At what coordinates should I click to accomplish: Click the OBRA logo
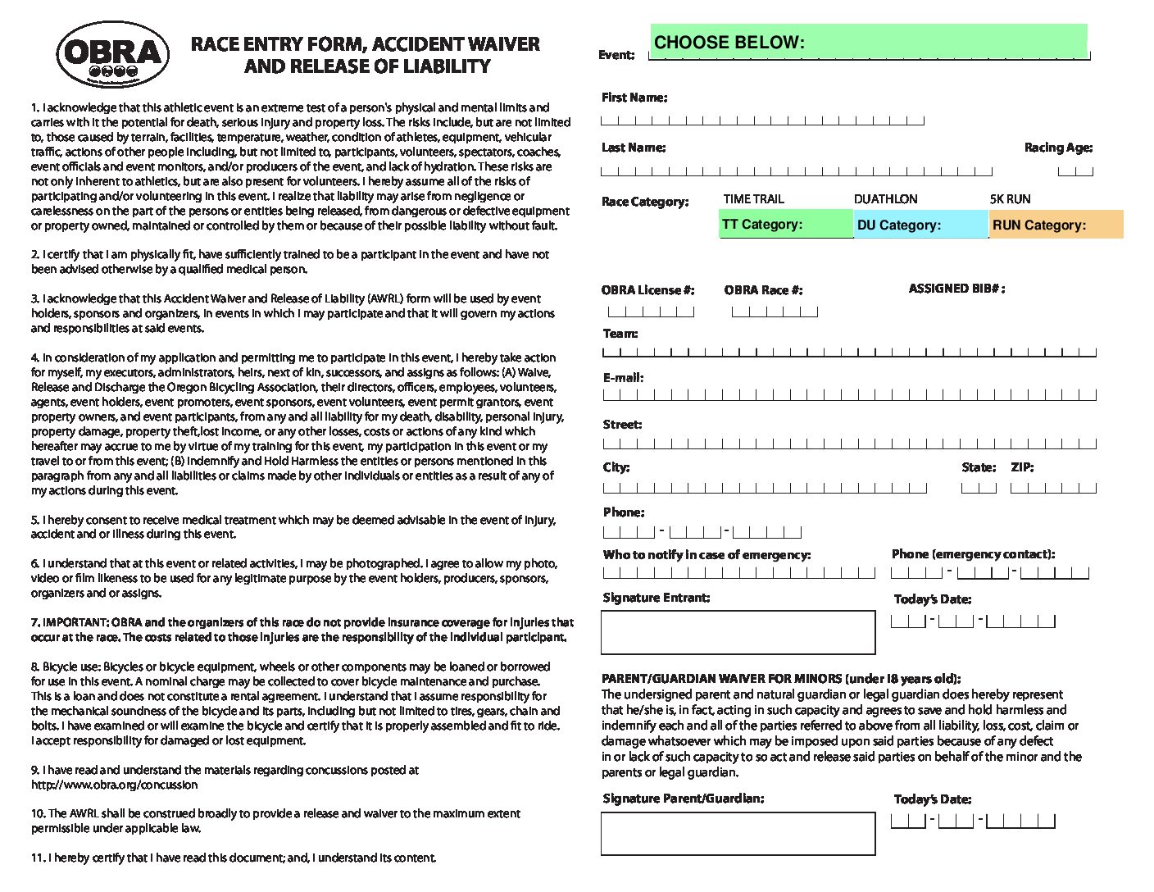(x=113, y=54)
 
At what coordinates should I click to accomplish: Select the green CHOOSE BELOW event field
(x=869, y=42)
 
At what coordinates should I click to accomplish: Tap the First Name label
(x=634, y=98)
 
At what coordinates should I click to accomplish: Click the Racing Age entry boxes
(x=1075, y=171)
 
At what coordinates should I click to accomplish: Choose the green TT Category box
(x=786, y=225)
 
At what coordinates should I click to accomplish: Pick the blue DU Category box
(x=921, y=225)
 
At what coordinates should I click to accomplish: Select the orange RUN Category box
(x=1056, y=225)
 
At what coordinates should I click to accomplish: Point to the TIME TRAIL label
(x=753, y=199)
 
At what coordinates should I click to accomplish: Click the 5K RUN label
(x=1010, y=199)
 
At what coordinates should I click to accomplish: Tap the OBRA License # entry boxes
(x=651, y=312)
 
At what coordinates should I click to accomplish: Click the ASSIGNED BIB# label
(x=956, y=289)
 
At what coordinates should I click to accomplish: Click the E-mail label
(x=623, y=378)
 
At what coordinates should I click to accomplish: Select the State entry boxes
(x=979, y=488)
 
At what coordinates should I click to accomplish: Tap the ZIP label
(x=1022, y=467)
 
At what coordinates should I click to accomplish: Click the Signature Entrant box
(x=738, y=632)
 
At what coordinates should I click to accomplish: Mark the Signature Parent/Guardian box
(x=738, y=834)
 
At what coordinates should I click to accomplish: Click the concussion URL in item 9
(x=115, y=785)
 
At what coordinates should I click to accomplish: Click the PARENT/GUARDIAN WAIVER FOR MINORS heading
(x=781, y=679)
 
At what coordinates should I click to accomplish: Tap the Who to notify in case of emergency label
(x=706, y=555)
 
